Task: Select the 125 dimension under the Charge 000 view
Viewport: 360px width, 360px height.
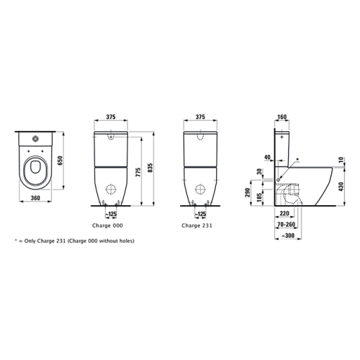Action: [112, 215]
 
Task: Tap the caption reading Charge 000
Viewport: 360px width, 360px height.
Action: [111, 225]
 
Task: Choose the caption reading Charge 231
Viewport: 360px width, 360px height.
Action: [197, 225]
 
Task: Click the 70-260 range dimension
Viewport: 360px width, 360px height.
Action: [286, 224]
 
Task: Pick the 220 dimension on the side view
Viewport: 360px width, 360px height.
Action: [284, 214]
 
